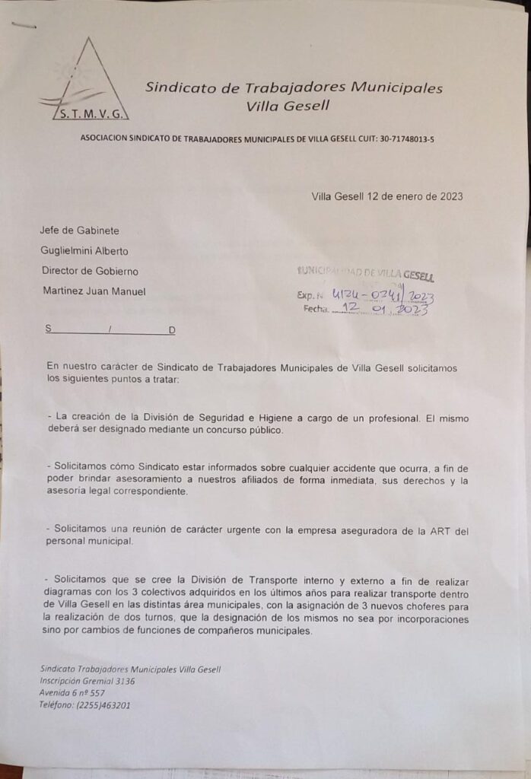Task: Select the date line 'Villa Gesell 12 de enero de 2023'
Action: click(x=386, y=196)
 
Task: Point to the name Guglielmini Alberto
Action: click(x=84, y=251)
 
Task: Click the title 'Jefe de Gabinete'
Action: click(x=80, y=231)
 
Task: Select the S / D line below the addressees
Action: click(x=110, y=330)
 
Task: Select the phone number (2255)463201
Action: click(x=103, y=705)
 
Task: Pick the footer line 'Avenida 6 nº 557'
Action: click(x=72, y=693)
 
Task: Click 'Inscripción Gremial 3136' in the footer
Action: click(x=87, y=681)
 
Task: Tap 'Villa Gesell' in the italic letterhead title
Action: click(x=288, y=107)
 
